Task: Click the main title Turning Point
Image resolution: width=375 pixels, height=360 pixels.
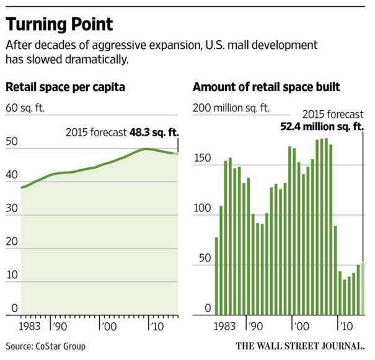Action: pos(60,24)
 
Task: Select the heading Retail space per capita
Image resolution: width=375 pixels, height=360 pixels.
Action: pos(66,87)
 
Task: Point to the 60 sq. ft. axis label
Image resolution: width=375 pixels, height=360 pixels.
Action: pos(25,109)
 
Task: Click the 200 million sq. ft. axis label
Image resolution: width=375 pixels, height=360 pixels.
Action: pos(231,108)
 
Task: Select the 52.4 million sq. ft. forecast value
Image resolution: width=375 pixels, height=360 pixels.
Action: pos(316,128)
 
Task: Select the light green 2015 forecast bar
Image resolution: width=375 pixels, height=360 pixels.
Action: pos(363,289)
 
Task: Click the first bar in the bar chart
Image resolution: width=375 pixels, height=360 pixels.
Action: pos(216,276)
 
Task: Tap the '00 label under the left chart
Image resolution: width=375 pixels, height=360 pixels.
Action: pos(108,325)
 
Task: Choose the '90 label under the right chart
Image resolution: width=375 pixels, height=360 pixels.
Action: pos(254,325)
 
